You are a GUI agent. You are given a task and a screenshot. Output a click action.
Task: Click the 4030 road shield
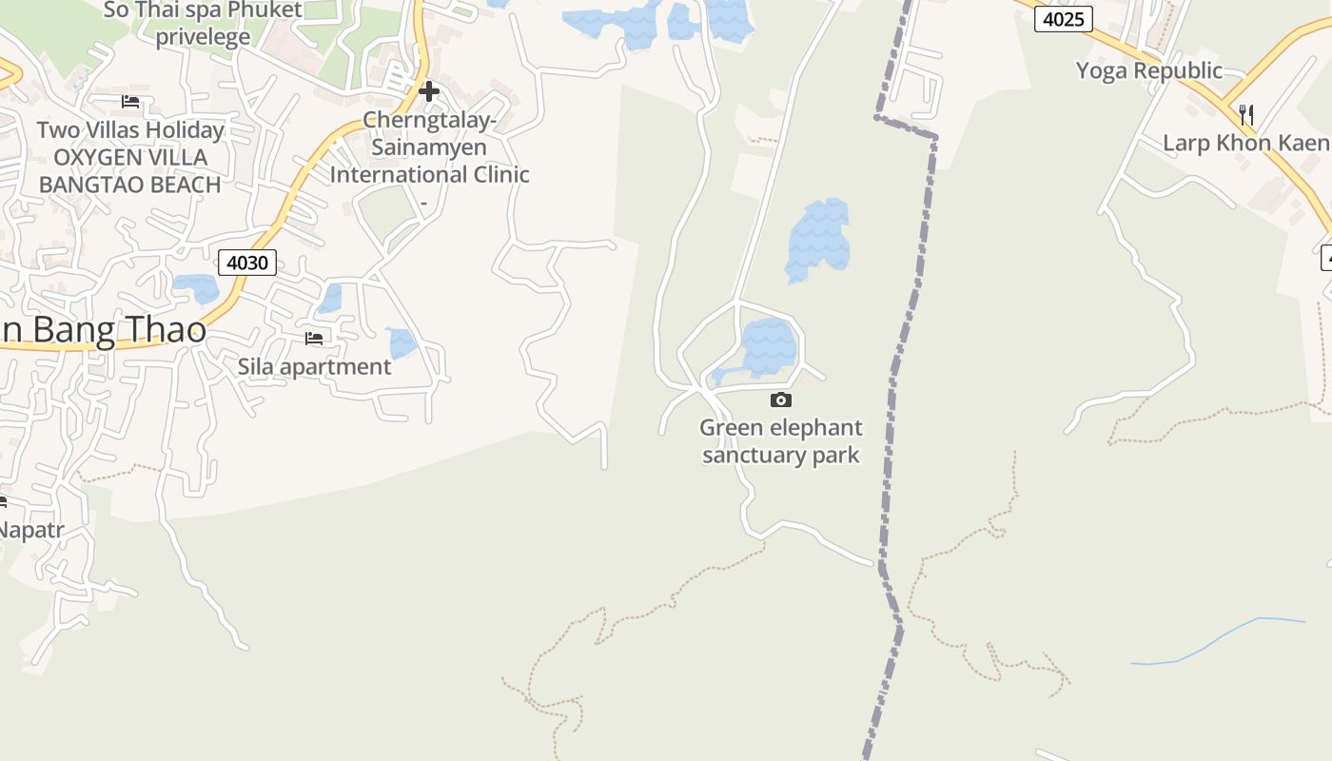click(247, 263)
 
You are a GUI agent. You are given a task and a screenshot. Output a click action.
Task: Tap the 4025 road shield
click(1063, 19)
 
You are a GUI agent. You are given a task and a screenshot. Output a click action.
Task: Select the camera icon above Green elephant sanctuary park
click(780, 400)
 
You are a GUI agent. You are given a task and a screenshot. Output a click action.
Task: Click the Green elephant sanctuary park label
click(781, 441)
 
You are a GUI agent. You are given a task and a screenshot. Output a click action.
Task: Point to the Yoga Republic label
click(1148, 70)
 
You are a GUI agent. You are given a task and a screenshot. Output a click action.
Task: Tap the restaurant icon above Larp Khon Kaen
click(1245, 115)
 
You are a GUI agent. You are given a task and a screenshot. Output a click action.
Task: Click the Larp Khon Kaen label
click(1245, 144)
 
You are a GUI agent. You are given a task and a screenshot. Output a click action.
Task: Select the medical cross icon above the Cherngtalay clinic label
click(429, 91)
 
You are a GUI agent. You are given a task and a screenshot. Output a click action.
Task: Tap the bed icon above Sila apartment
click(314, 338)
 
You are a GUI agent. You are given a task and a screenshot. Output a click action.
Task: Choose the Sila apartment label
click(314, 366)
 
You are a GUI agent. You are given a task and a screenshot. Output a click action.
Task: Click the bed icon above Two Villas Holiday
click(130, 101)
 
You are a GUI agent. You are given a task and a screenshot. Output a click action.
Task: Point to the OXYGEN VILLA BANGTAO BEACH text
click(130, 170)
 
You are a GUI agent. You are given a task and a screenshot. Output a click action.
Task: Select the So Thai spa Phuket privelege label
click(203, 24)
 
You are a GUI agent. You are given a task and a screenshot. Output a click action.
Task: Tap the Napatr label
click(30, 530)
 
